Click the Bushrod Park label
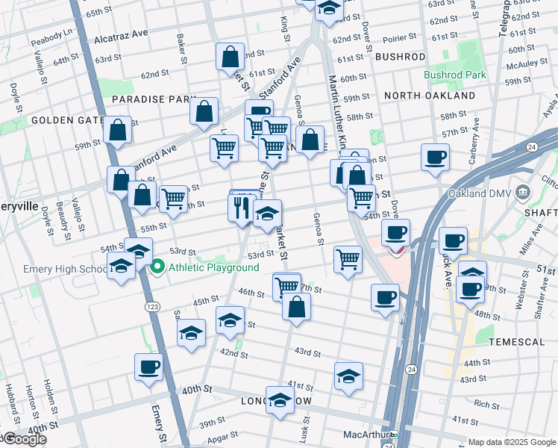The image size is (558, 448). (455, 75)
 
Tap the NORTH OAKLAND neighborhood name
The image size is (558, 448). (430, 96)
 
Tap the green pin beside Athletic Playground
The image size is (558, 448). (157, 267)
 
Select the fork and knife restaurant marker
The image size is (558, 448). (240, 207)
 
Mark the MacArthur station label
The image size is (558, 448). (372, 435)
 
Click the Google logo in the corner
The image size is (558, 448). (24, 439)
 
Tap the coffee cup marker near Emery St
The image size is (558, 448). (148, 367)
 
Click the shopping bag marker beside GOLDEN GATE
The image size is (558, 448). (118, 130)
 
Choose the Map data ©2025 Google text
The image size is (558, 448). (512, 442)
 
